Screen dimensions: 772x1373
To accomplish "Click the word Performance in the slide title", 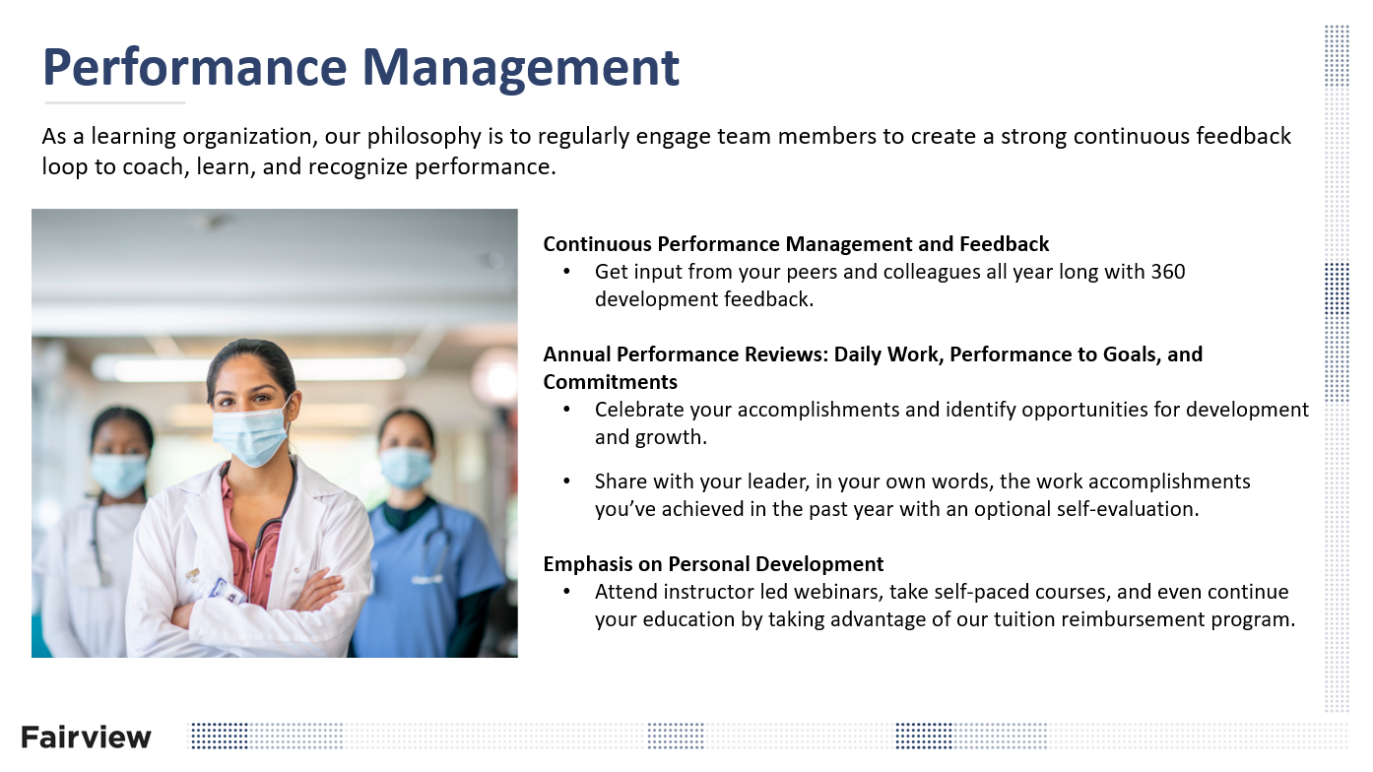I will pyautogui.click(x=194, y=67).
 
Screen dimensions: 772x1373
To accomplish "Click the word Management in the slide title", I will pyautogui.click(x=521, y=67).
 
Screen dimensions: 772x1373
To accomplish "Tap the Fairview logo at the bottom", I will pyautogui.click(x=86, y=737).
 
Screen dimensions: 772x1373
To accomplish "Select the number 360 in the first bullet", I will pyautogui.click(x=1167, y=271).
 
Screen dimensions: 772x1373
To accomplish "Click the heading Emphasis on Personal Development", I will pyautogui.click(x=713, y=564).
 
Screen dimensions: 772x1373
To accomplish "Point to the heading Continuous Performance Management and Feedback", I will pyautogui.click(x=796, y=243).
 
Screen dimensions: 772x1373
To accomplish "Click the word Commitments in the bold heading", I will pyautogui.click(x=610, y=382).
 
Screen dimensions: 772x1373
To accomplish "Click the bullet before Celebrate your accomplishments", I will pyautogui.click(x=566, y=410).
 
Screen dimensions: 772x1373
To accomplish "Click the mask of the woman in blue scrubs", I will pyautogui.click(x=406, y=467).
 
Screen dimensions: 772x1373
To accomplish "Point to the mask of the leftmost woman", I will pyautogui.click(x=120, y=475).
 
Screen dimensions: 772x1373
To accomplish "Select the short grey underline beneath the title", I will pyautogui.click(x=114, y=102).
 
